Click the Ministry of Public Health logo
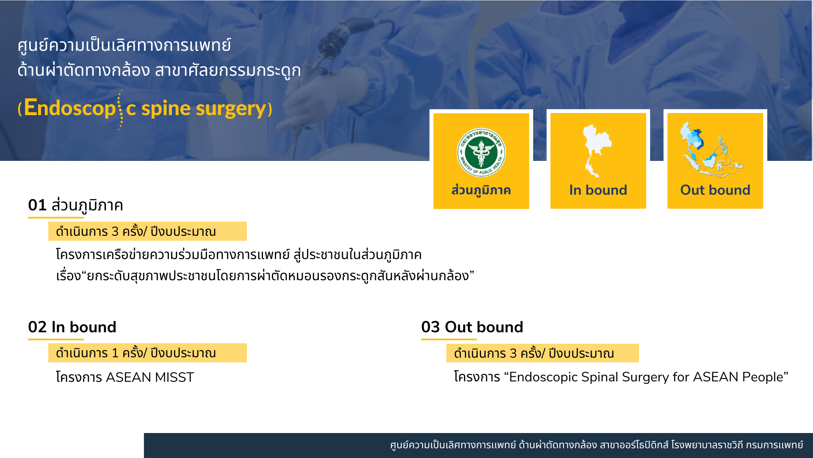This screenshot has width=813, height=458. click(481, 152)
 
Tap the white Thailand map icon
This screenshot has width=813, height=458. click(597, 151)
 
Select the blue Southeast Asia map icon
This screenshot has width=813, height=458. click(711, 149)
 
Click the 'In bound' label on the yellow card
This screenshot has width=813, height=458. click(598, 190)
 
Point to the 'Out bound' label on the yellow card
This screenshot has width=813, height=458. click(715, 190)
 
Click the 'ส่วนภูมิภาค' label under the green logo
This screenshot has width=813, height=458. click(481, 190)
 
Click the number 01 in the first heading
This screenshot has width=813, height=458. click(37, 205)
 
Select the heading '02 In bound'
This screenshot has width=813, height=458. click(72, 327)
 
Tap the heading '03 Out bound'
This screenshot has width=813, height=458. click(472, 327)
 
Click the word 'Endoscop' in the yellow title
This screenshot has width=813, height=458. click(70, 108)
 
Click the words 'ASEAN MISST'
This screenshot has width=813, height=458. click(150, 377)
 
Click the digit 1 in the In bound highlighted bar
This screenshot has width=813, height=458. click(115, 353)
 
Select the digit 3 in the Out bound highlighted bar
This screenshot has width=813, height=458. click(513, 353)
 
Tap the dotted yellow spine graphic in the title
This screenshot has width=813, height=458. click(120, 110)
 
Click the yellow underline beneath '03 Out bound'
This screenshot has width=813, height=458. click(449, 339)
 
